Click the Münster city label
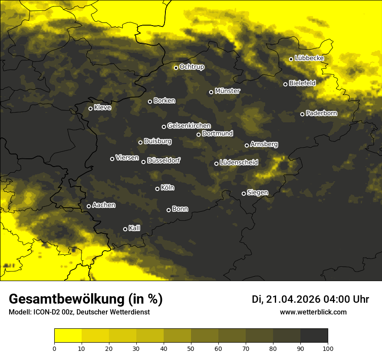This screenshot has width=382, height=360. click(x=227, y=91)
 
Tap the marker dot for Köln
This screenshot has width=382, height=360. click(x=158, y=189)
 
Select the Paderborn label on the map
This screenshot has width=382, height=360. click(x=321, y=113)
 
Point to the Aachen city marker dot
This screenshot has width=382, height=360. click(x=89, y=206)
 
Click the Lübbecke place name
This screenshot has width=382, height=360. click(x=309, y=58)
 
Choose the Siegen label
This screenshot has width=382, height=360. click(x=257, y=193)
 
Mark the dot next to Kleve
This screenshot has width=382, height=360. click(x=91, y=108)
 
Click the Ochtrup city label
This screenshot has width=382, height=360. click(x=192, y=67)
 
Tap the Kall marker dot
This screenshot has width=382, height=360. click(x=125, y=229)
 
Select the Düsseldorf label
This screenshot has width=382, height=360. click(x=164, y=160)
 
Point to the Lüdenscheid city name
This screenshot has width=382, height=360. click(x=239, y=163)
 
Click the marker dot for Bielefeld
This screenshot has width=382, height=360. click(x=286, y=84)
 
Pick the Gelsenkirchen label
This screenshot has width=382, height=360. click(x=189, y=126)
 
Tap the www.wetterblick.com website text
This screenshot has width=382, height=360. click(x=313, y=312)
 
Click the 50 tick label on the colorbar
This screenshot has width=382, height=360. click(x=191, y=348)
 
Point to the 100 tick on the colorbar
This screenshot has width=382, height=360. click(x=328, y=348)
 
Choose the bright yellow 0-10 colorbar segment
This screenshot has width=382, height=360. click(x=68, y=335)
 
